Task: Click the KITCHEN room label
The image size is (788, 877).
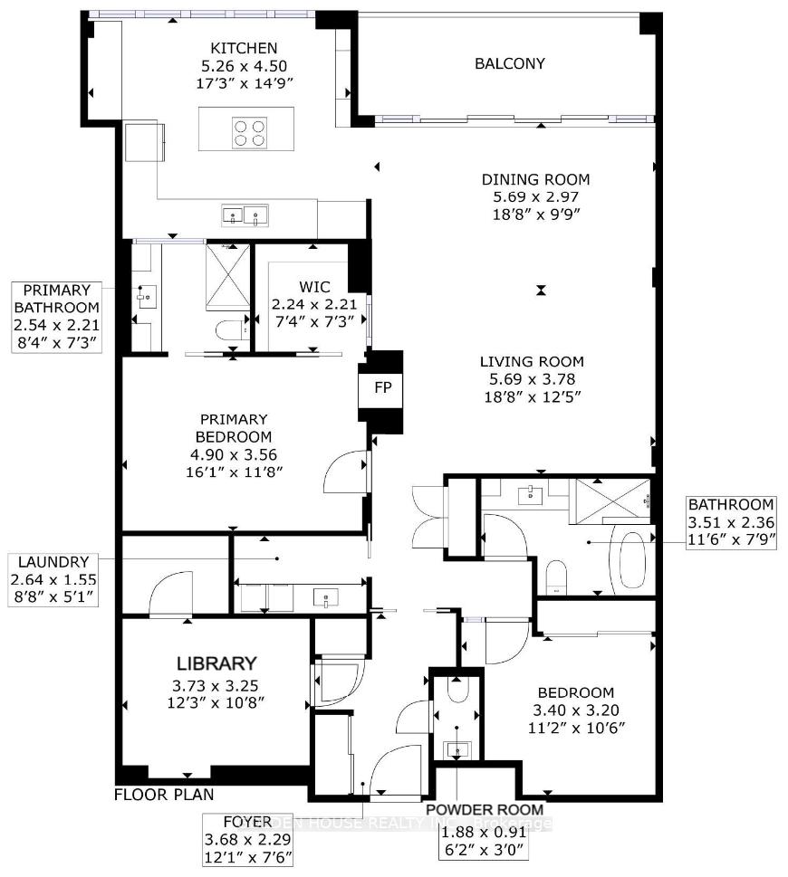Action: [x=244, y=48]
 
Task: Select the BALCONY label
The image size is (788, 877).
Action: [x=510, y=63]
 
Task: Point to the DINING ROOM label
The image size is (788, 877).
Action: [x=535, y=179]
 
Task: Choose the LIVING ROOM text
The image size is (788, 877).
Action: [x=532, y=361]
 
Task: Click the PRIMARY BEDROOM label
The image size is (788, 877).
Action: [x=234, y=427]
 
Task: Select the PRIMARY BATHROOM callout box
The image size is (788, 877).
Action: [x=57, y=316]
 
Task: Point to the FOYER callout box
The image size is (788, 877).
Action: [x=248, y=838]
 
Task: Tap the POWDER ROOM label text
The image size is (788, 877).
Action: [x=485, y=809]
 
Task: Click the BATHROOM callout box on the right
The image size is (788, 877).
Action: [x=730, y=521]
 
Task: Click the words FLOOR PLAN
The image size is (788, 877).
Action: [x=164, y=796]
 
